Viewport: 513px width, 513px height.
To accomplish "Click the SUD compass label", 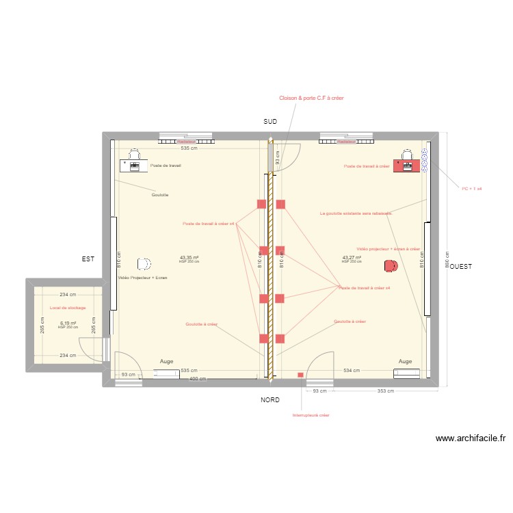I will [270, 121].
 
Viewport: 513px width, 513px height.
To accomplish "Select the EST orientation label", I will [88, 259].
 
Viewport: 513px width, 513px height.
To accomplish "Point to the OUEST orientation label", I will [460, 265].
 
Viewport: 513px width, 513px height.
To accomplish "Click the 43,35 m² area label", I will [189, 258].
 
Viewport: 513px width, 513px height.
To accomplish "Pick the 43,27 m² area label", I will [352, 258].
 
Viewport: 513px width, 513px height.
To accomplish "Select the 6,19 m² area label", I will [68, 323].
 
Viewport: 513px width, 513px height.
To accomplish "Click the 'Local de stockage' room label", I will [68, 308].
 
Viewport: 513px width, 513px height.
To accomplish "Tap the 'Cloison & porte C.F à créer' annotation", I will [311, 98].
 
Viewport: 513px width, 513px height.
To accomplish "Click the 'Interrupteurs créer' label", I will [311, 415].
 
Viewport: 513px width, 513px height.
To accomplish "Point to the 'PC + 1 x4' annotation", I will [472, 188].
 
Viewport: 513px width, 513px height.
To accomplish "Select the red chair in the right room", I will [391, 265].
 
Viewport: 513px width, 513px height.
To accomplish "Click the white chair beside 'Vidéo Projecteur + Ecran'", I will [144, 263].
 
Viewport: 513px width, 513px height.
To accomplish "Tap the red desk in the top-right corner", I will [407, 166].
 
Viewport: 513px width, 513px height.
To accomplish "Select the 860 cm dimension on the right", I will [446, 260].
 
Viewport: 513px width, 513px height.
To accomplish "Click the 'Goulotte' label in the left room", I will [161, 195].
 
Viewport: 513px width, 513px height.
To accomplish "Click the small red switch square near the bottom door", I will [300, 374].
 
